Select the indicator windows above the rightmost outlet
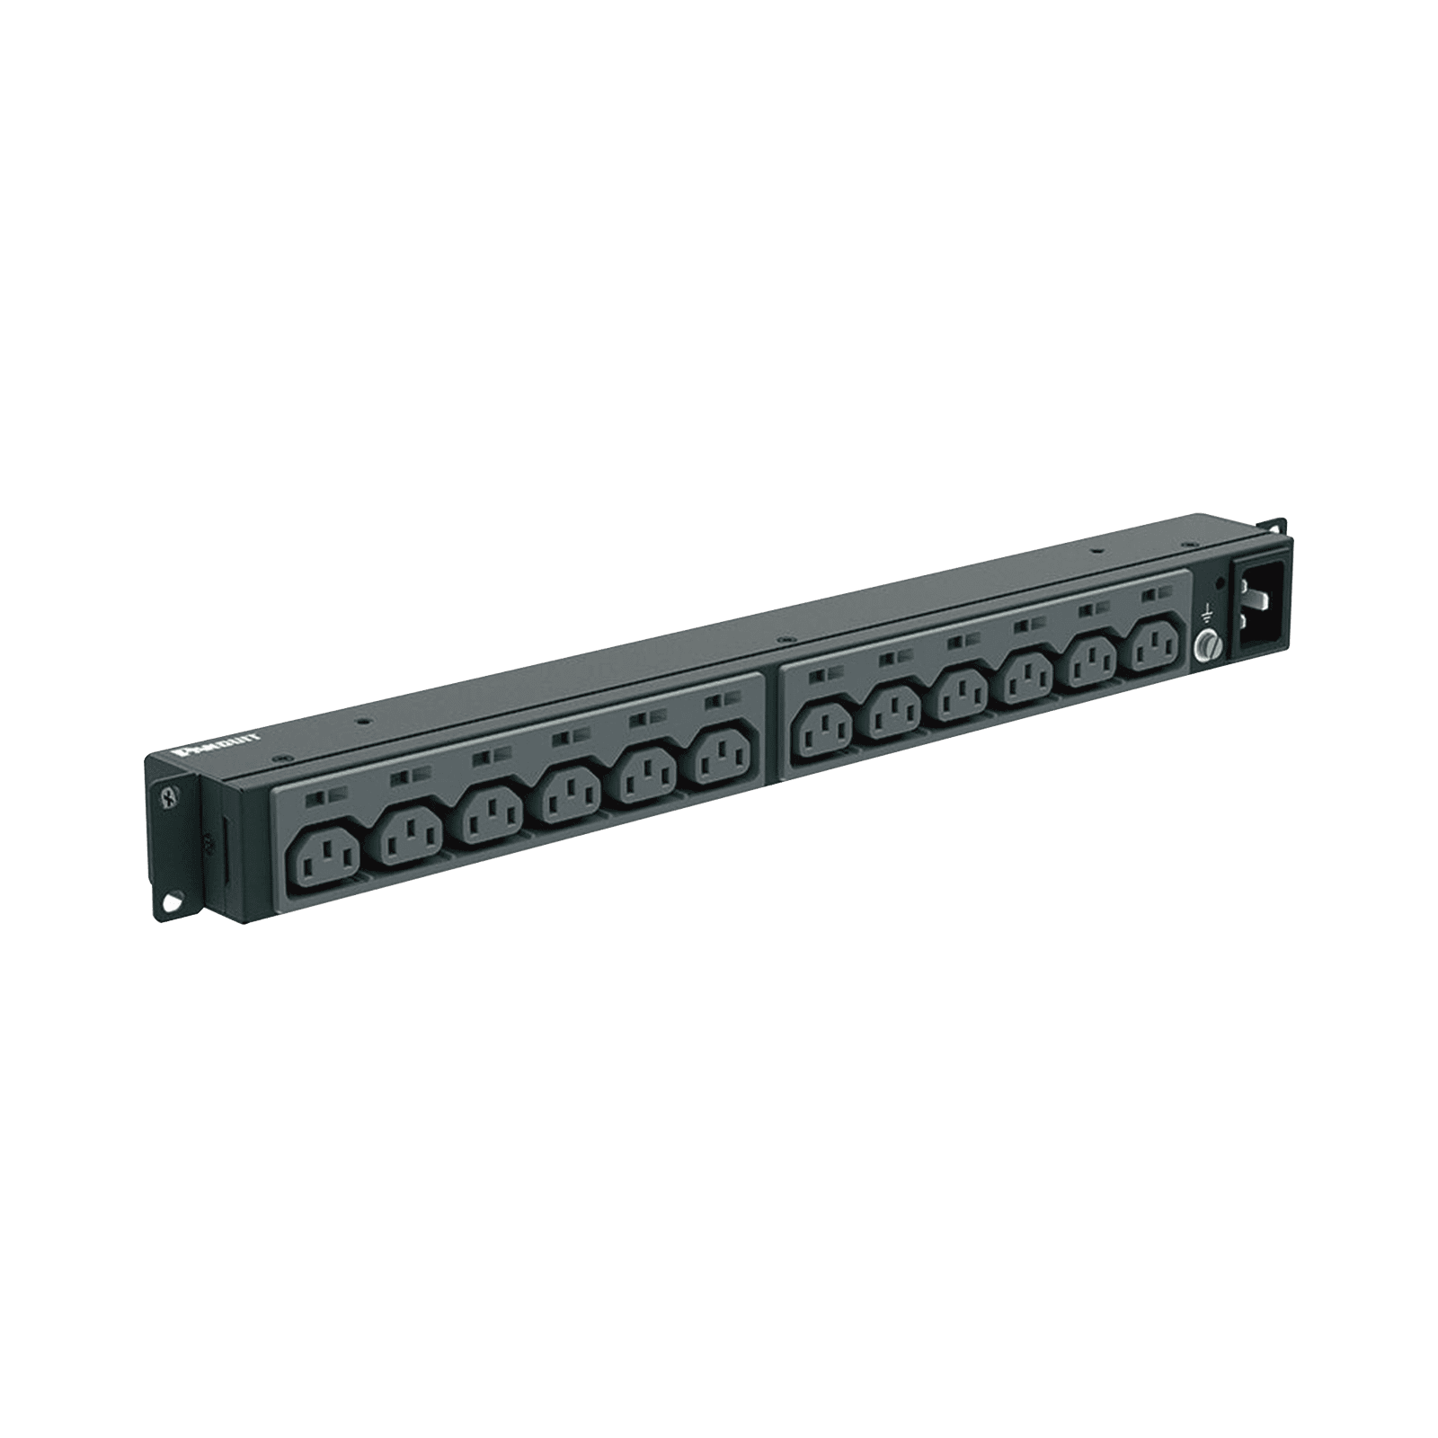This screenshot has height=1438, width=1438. pyautogui.click(x=1157, y=595)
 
